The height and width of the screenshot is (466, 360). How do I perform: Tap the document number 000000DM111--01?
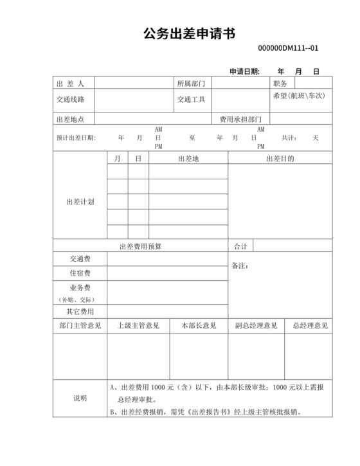click(x=288, y=48)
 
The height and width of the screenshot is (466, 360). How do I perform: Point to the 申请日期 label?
click(x=244, y=71)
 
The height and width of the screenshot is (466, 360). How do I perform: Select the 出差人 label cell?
click(x=71, y=84)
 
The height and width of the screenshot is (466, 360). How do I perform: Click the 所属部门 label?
click(x=191, y=84)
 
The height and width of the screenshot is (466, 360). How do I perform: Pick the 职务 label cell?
click(x=280, y=84)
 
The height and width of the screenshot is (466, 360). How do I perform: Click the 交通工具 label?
click(x=191, y=100)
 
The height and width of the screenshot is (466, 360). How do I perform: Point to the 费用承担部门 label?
click(x=240, y=120)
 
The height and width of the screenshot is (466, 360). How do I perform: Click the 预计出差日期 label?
click(x=76, y=138)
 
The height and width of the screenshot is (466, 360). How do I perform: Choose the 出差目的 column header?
click(x=280, y=159)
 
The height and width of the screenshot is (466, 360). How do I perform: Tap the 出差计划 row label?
click(x=80, y=202)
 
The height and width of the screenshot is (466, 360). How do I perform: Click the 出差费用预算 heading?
click(x=140, y=246)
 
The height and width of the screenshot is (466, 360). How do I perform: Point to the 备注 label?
click(x=240, y=266)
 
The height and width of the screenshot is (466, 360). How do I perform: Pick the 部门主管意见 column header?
click(x=80, y=326)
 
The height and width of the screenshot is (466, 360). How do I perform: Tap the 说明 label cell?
click(x=80, y=399)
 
